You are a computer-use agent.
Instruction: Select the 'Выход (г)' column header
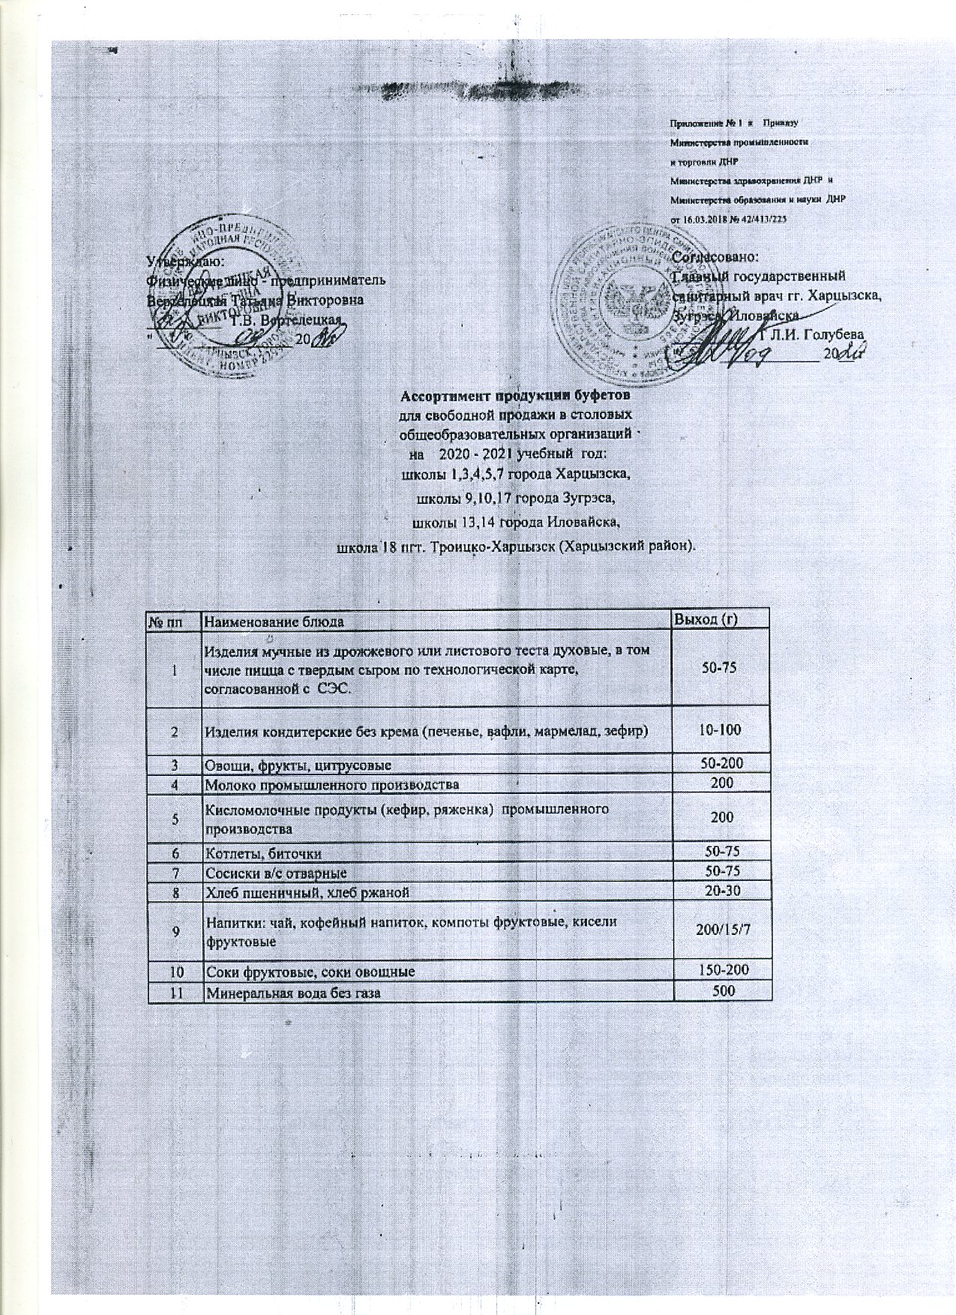(709, 619)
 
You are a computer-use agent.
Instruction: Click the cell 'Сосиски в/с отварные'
(276, 873)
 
